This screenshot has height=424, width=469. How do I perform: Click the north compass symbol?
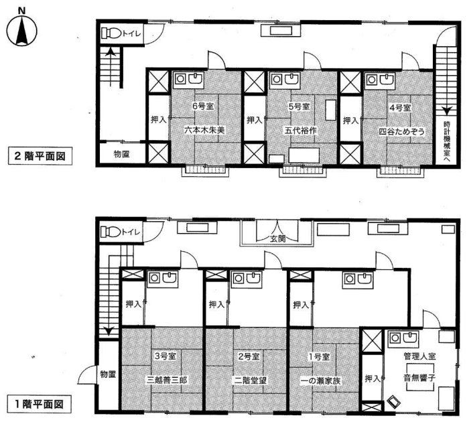[x=22, y=28]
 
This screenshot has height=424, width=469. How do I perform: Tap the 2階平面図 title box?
[x=40, y=156]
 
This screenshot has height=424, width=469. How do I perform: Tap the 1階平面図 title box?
[x=40, y=405]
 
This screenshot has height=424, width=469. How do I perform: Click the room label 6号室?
[x=203, y=106]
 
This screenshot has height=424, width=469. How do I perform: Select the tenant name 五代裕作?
[x=300, y=131]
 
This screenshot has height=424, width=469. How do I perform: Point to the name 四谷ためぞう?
[x=402, y=131]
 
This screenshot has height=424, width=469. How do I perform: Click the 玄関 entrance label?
[x=278, y=238]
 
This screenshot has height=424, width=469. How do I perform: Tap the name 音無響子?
[x=419, y=377]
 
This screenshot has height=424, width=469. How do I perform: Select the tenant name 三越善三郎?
[x=167, y=380]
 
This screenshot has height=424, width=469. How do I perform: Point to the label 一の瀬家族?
[x=320, y=381]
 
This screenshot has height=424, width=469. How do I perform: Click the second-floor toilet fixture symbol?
[x=111, y=33]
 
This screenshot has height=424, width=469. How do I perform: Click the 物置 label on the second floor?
[x=121, y=154]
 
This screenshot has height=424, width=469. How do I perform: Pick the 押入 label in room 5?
[x=254, y=120]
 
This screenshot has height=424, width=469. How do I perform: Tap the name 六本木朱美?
[x=204, y=130]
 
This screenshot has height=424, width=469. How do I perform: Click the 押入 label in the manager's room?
[x=373, y=379]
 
